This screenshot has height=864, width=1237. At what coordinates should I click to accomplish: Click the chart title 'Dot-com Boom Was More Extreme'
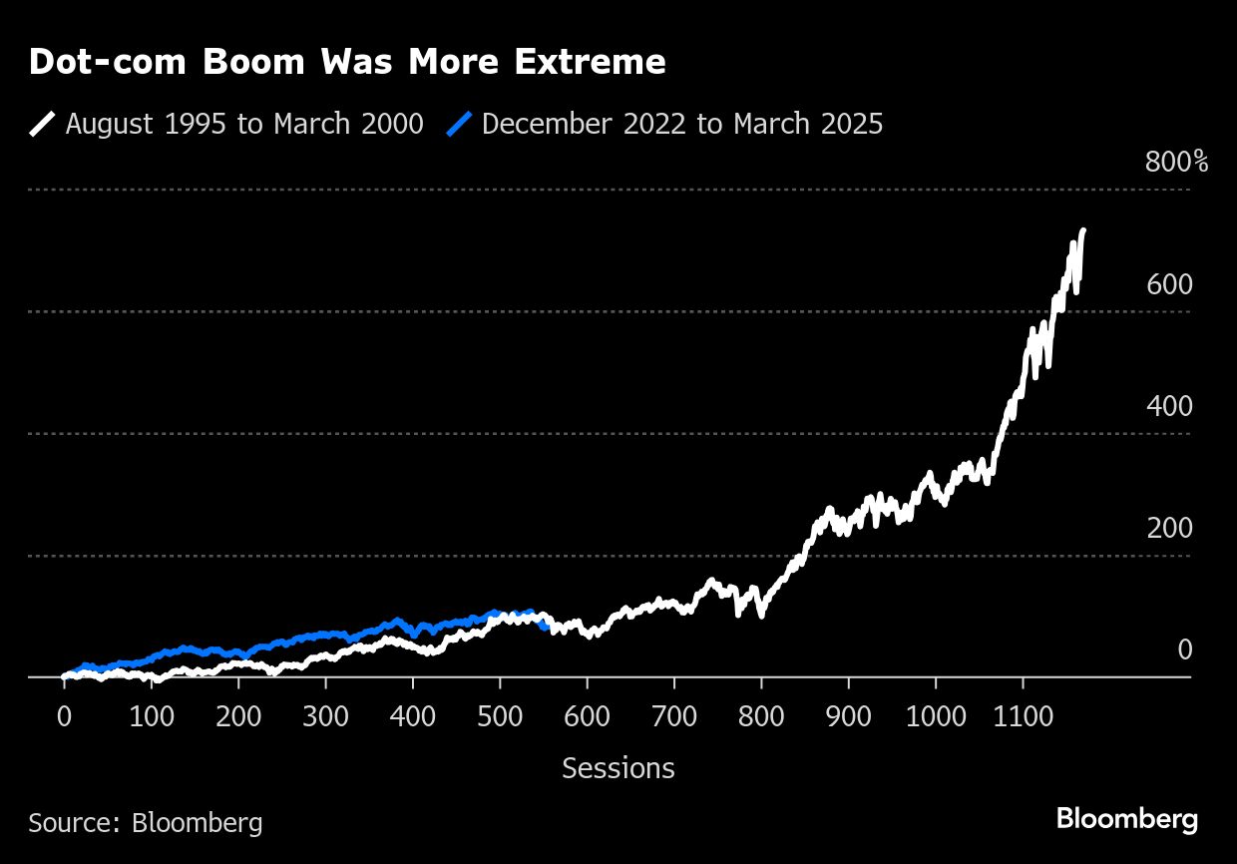347,62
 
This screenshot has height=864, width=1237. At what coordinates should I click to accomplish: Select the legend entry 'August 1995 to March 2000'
244,124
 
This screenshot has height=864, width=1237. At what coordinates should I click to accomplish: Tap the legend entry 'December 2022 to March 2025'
681,124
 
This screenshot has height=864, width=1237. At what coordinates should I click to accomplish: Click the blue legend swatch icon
459,124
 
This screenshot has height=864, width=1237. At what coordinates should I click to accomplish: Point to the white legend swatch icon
42,124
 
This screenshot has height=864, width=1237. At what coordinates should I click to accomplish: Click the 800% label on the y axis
1176,162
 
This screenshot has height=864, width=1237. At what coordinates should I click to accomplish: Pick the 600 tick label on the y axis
1169,284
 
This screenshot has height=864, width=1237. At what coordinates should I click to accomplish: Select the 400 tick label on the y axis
1169,406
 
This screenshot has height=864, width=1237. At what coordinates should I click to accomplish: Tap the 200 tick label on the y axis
1169,528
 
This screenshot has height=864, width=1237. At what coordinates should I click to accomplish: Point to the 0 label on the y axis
1184,649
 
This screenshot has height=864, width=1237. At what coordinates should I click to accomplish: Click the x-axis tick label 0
64,715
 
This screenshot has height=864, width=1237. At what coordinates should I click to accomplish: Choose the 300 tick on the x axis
325,715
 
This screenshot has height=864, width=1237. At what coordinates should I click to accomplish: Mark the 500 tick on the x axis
500,715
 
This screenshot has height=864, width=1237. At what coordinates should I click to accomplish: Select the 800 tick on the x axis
761,715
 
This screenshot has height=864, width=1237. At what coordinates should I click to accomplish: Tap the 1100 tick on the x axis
1023,715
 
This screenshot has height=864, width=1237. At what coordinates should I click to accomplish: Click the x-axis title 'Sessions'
618,768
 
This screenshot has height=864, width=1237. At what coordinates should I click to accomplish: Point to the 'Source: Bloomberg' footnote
146,822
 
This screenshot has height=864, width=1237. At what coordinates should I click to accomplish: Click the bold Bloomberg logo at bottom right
1127,820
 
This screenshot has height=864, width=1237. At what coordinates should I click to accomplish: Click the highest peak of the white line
1083,230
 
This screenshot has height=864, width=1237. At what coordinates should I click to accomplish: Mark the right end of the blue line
546,627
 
